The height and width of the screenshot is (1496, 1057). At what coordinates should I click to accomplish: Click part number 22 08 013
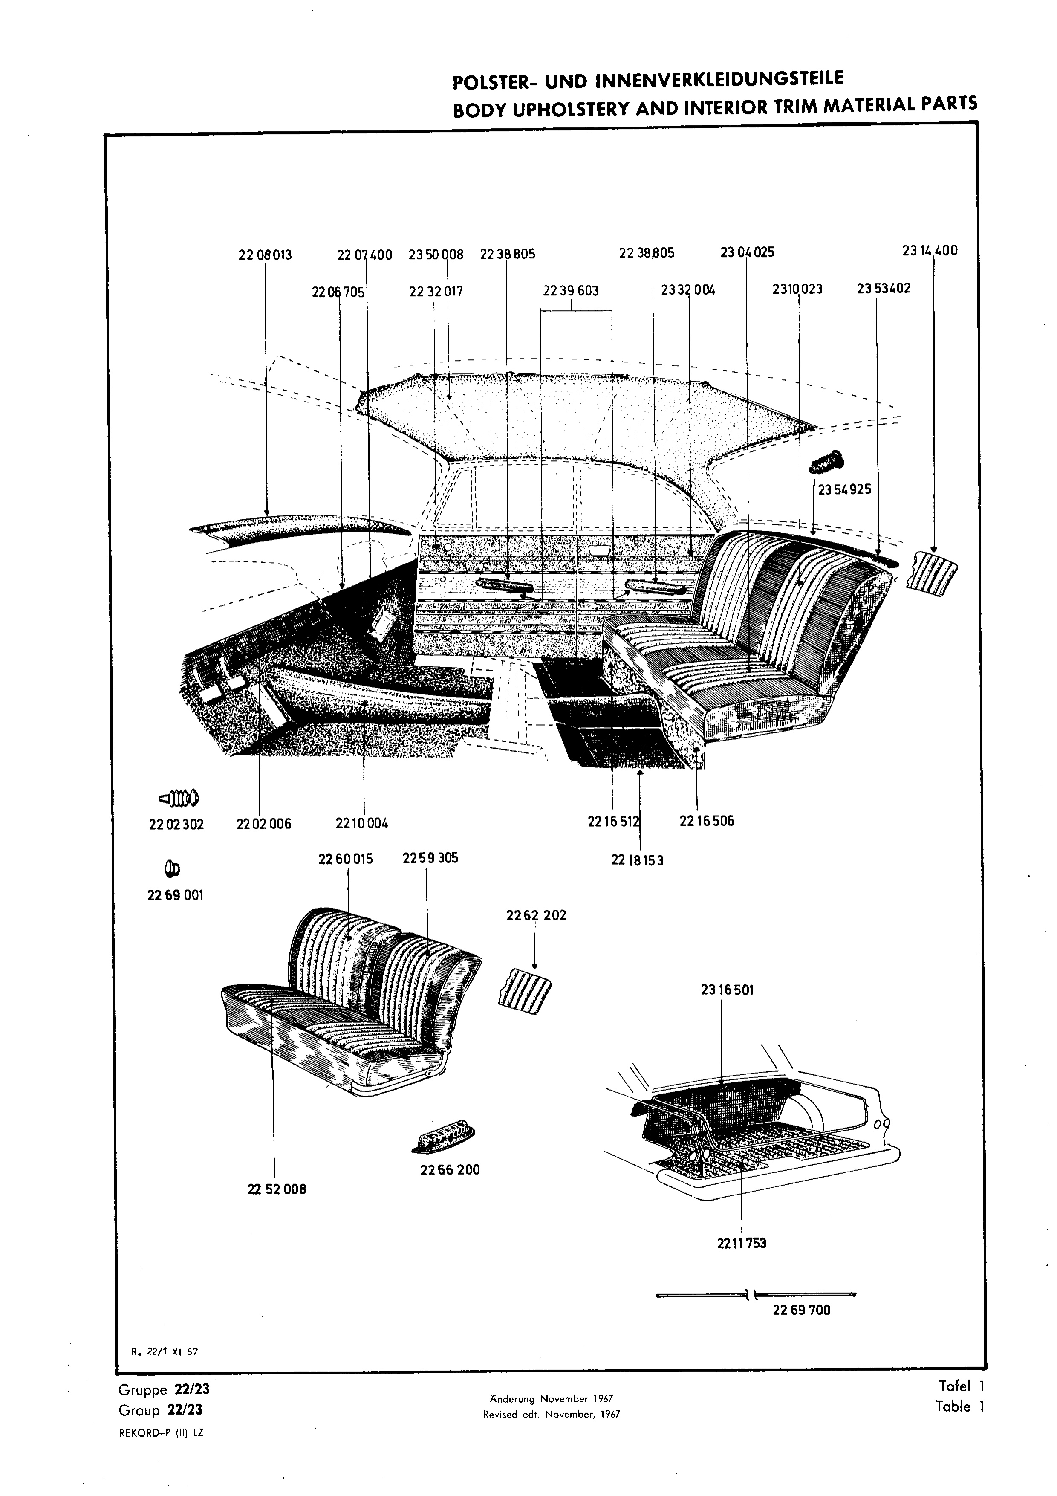[x=265, y=255]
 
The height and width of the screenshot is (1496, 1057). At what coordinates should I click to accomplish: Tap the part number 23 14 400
[x=930, y=250]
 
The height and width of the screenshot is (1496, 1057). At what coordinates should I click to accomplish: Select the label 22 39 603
[x=571, y=291]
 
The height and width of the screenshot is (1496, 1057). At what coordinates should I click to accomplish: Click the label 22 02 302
[x=176, y=824]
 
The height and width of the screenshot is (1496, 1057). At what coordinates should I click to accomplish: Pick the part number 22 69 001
[x=175, y=895]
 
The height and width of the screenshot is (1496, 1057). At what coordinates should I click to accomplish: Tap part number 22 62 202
[x=536, y=915]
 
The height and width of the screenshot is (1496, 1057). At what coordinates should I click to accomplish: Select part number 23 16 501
[x=727, y=990]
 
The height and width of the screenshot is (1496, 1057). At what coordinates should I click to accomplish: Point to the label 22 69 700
[x=802, y=1310]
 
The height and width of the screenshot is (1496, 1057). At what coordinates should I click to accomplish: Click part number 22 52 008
[x=277, y=1189]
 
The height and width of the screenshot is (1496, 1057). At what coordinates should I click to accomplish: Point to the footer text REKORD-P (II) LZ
[x=162, y=1433]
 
